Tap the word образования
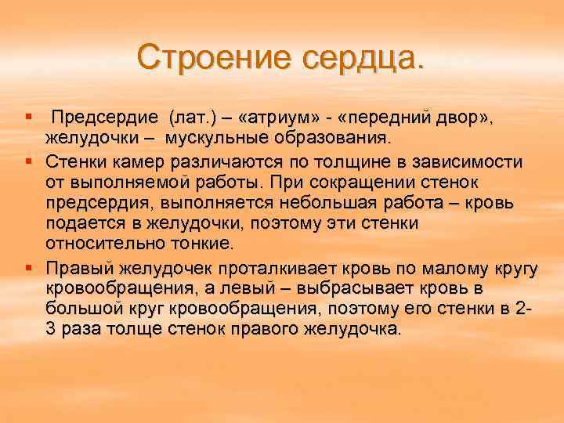coord(332,139)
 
